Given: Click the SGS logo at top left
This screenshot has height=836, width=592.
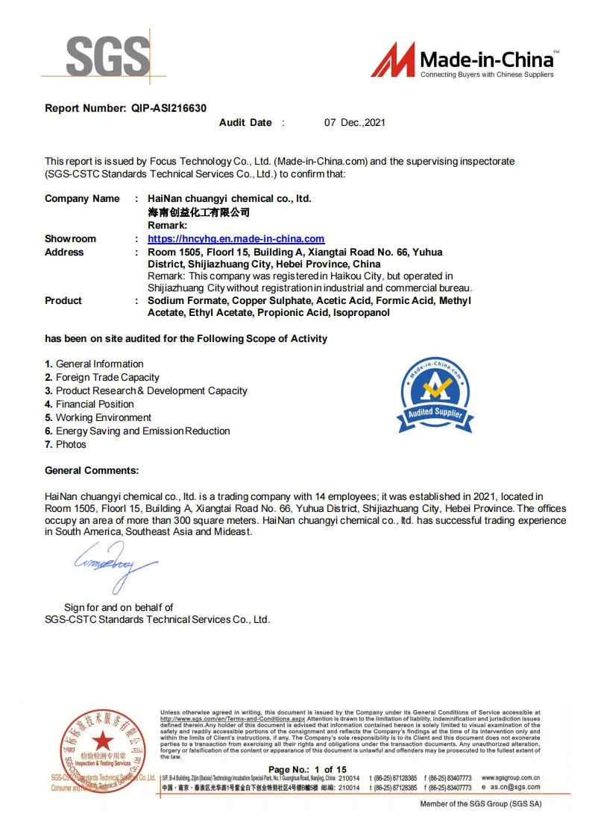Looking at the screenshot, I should (107, 56).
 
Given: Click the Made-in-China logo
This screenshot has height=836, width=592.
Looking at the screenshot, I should (463, 60).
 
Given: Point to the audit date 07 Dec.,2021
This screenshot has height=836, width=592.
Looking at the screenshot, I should (354, 123).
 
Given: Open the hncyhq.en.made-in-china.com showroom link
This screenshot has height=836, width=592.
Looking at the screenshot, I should (236, 239).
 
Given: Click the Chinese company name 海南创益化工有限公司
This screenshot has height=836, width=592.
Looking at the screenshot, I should (198, 212).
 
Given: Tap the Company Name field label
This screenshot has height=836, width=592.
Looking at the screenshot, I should (82, 199).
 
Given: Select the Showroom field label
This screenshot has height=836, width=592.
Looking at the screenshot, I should (70, 239).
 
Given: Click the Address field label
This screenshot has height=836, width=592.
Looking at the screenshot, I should (64, 253).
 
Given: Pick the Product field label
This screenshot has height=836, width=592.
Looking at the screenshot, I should (63, 301).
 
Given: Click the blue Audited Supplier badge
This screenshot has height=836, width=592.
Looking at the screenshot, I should (435, 395).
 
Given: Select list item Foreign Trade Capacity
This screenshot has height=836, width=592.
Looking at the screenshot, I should (107, 378).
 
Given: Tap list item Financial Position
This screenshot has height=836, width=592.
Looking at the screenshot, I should (95, 405).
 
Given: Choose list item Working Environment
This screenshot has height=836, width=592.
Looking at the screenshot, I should (103, 418).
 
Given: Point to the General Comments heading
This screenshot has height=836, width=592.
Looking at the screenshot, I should (92, 471).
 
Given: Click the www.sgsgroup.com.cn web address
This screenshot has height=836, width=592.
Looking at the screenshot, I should (511, 778).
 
